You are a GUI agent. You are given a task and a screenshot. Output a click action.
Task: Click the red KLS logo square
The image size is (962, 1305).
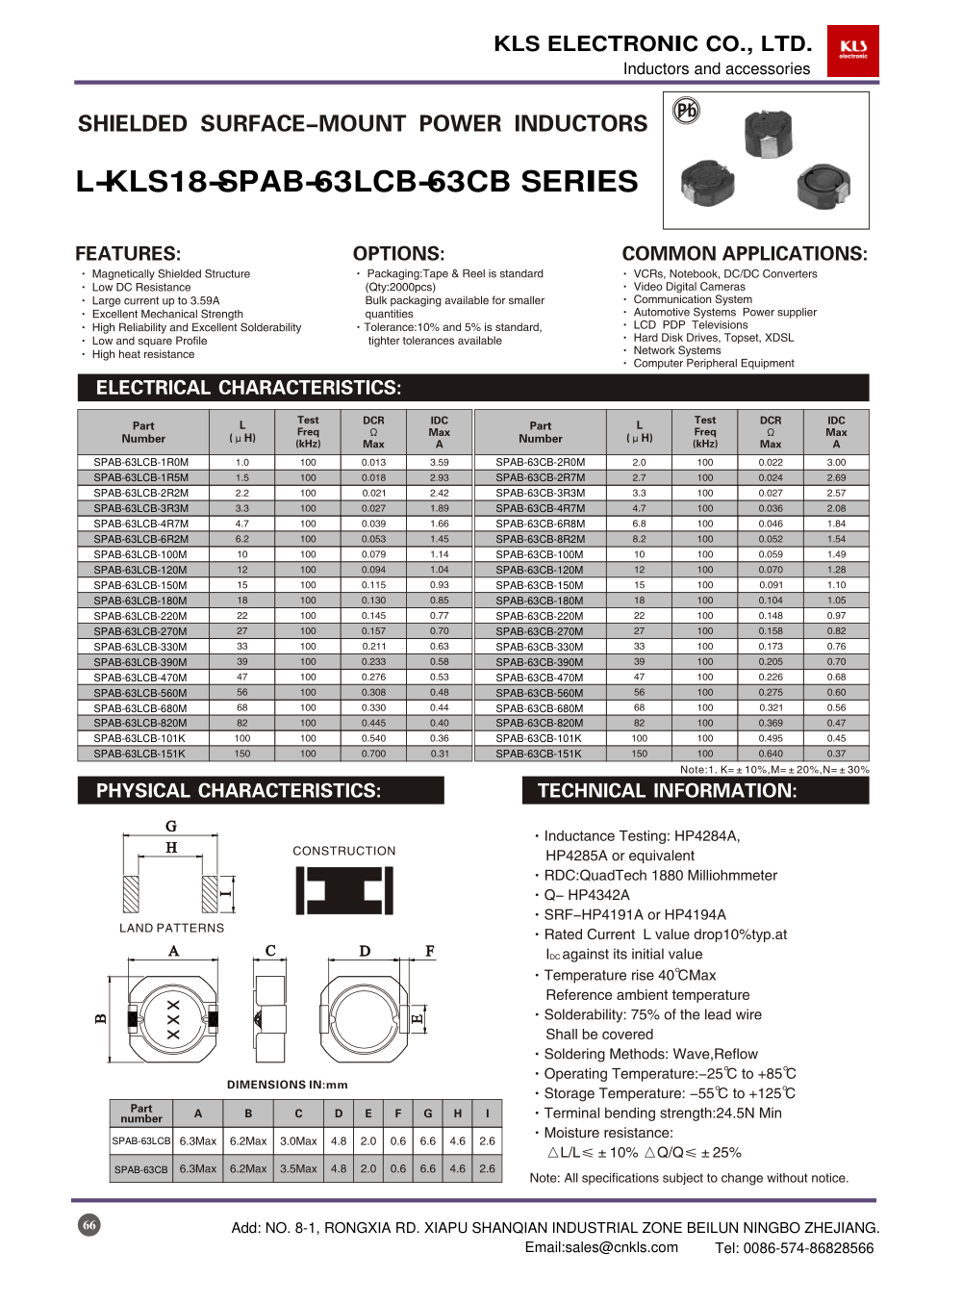[x=852, y=50]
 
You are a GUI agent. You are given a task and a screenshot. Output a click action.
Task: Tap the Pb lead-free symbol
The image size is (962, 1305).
[x=686, y=111]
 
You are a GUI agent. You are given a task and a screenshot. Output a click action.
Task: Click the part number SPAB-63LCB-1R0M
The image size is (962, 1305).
[x=141, y=462]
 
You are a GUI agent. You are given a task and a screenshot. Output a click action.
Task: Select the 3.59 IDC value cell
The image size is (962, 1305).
[x=440, y=462]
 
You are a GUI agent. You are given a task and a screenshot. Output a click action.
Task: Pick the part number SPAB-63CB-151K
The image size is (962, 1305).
[x=540, y=754]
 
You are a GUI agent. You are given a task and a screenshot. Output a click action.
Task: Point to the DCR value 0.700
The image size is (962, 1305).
[x=373, y=754]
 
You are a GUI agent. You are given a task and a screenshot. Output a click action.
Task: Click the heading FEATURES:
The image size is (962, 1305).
[x=128, y=254]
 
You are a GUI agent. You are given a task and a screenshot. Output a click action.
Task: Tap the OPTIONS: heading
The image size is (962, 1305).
[x=398, y=254]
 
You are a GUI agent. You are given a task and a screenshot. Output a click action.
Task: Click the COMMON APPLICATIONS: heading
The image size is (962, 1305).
[x=745, y=254]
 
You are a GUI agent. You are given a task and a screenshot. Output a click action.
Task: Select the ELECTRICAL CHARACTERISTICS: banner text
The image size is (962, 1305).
[x=248, y=388]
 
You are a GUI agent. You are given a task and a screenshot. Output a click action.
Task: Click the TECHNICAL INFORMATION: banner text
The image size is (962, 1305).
[x=667, y=791]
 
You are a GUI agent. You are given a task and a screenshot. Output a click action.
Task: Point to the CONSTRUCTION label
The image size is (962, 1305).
[x=344, y=851]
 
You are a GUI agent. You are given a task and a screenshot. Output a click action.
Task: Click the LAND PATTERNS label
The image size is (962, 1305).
[x=171, y=928]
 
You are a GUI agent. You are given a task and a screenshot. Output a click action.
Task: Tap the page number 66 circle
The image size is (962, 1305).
[x=89, y=1225]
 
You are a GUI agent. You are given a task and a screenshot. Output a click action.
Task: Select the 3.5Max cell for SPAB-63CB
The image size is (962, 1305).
[x=298, y=1168]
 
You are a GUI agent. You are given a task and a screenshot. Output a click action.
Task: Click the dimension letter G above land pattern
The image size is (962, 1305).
[x=171, y=826]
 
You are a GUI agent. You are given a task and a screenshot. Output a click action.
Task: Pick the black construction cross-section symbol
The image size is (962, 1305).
[x=343, y=890]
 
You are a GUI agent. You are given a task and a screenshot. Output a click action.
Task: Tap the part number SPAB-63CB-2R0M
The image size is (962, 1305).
[x=540, y=462]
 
